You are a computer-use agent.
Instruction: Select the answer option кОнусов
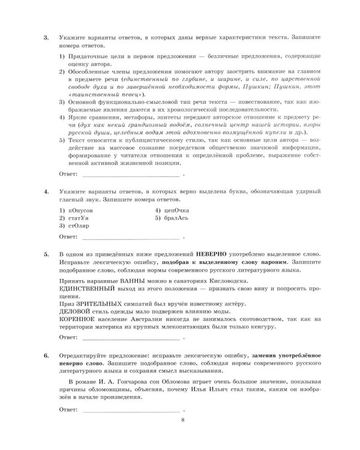(76, 211)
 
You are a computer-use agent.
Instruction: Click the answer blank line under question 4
(130, 242)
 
